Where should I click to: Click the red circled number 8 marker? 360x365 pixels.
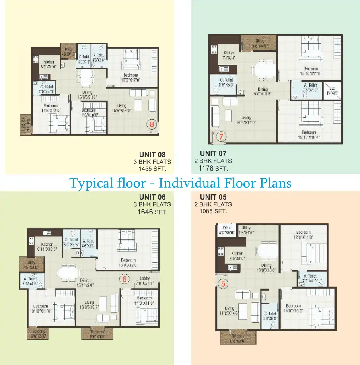[152, 124]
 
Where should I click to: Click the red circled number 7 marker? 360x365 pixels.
[222, 136]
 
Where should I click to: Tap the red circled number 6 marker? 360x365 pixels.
[124, 280]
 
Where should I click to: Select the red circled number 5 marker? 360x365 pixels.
[223, 283]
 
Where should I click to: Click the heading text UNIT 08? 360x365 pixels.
[152, 155]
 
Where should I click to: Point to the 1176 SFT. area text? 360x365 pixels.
[213, 169]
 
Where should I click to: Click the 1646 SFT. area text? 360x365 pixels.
[152, 212]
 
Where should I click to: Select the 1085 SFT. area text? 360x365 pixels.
[213, 212]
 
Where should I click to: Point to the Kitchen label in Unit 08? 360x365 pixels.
[49, 62]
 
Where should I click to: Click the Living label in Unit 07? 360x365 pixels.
[246, 117]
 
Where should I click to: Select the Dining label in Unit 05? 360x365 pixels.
[266, 265]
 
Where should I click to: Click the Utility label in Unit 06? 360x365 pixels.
[30, 263]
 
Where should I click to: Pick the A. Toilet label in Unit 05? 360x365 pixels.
[310, 276]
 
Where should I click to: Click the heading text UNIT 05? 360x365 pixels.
[213, 197]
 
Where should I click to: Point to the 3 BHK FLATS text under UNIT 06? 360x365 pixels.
[152, 204]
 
